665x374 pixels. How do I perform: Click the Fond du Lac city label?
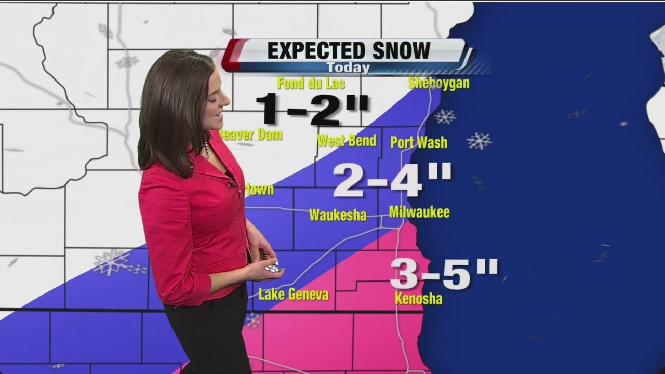(311, 83)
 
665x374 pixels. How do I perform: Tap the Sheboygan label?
(439, 83)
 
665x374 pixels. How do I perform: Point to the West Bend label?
(347, 140)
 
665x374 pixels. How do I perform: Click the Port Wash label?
(418, 142)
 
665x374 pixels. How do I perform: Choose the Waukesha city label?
(338, 215)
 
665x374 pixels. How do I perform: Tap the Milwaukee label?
(419, 212)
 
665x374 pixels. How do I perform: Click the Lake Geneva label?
(294, 295)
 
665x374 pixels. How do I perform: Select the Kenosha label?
(418, 299)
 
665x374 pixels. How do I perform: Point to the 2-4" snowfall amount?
(392, 180)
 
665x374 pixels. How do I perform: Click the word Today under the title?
(348, 68)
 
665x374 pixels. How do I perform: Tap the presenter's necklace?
(207, 151)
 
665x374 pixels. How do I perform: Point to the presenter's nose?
(227, 99)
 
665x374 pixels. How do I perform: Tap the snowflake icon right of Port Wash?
(478, 141)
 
